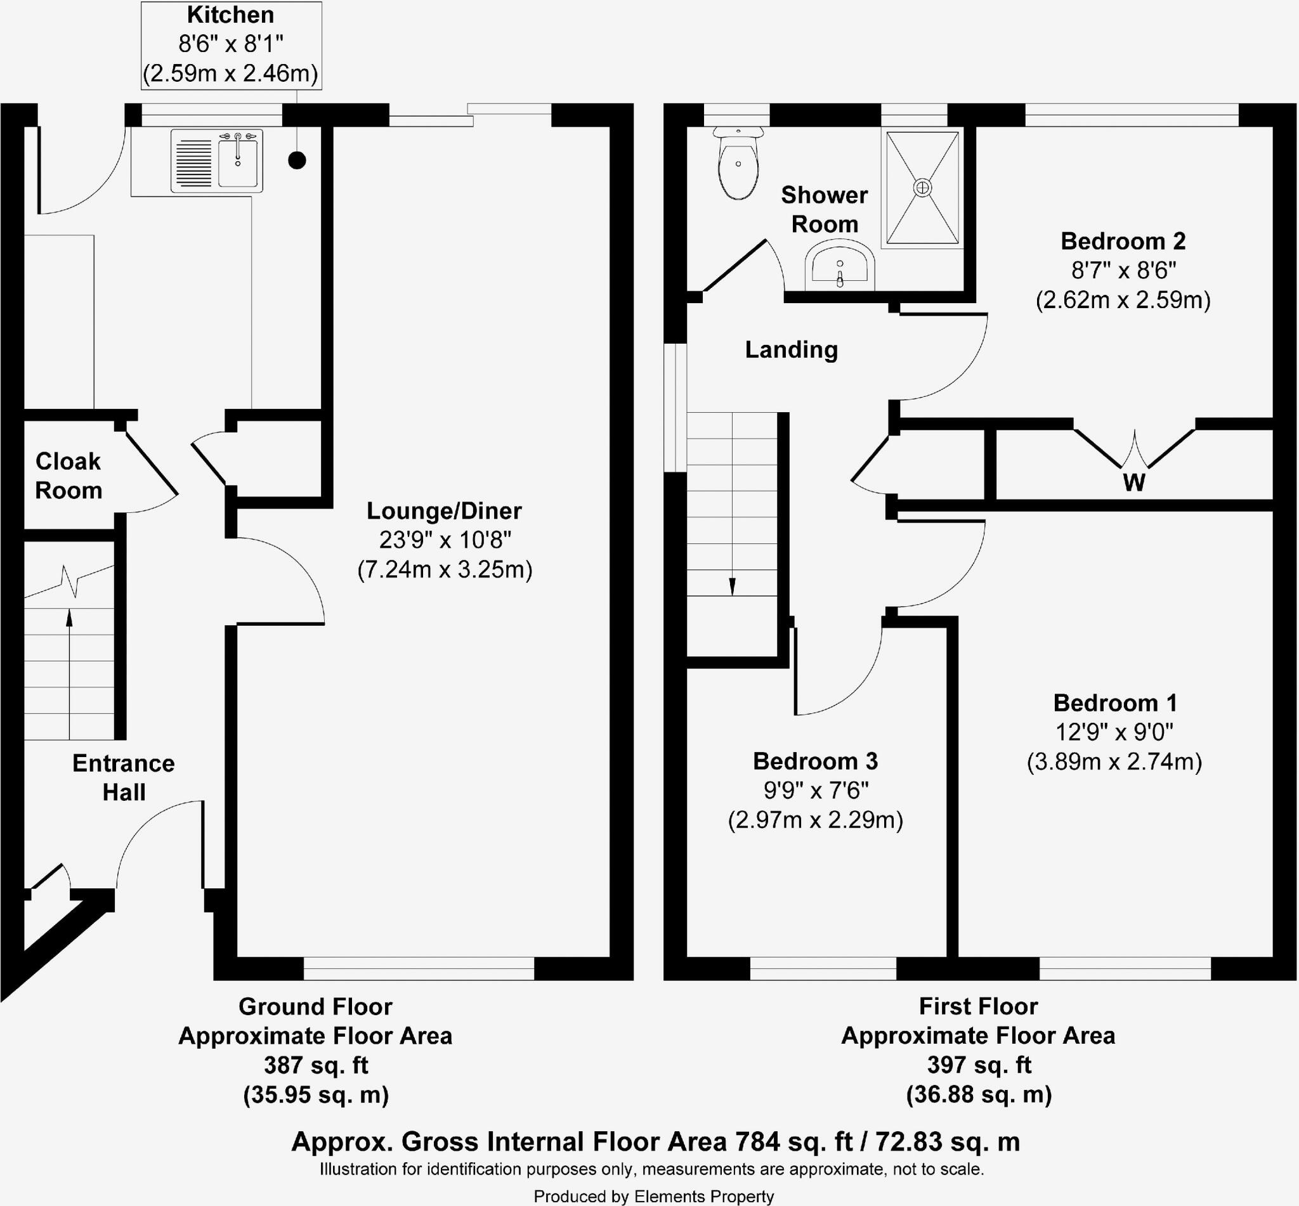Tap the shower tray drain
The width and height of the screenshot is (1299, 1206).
[x=922, y=188]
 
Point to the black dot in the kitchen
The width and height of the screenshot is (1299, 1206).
[x=297, y=160]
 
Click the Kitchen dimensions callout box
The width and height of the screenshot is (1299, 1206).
[x=231, y=45]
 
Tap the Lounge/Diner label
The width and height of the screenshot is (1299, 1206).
[x=444, y=510]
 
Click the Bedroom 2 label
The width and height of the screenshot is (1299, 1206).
[x=1123, y=241]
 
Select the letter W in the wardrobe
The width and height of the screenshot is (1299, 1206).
[x=1134, y=483]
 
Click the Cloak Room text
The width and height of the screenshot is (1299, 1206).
[x=69, y=476]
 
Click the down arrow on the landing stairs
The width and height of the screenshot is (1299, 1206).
[x=733, y=585]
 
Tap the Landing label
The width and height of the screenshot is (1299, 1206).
[x=791, y=350]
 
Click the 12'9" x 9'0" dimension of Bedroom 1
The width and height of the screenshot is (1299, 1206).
[x=1114, y=732]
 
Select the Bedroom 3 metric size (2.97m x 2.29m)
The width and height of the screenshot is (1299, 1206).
[x=815, y=820]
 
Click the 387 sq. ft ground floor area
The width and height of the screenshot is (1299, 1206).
[x=316, y=1065]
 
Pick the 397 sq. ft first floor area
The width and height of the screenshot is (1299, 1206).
[x=979, y=1065]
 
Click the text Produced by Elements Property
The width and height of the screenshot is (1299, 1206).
[x=653, y=1196]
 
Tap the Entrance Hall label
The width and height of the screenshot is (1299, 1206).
[x=124, y=777]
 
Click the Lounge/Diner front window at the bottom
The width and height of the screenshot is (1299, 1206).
[x=419, y=968]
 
